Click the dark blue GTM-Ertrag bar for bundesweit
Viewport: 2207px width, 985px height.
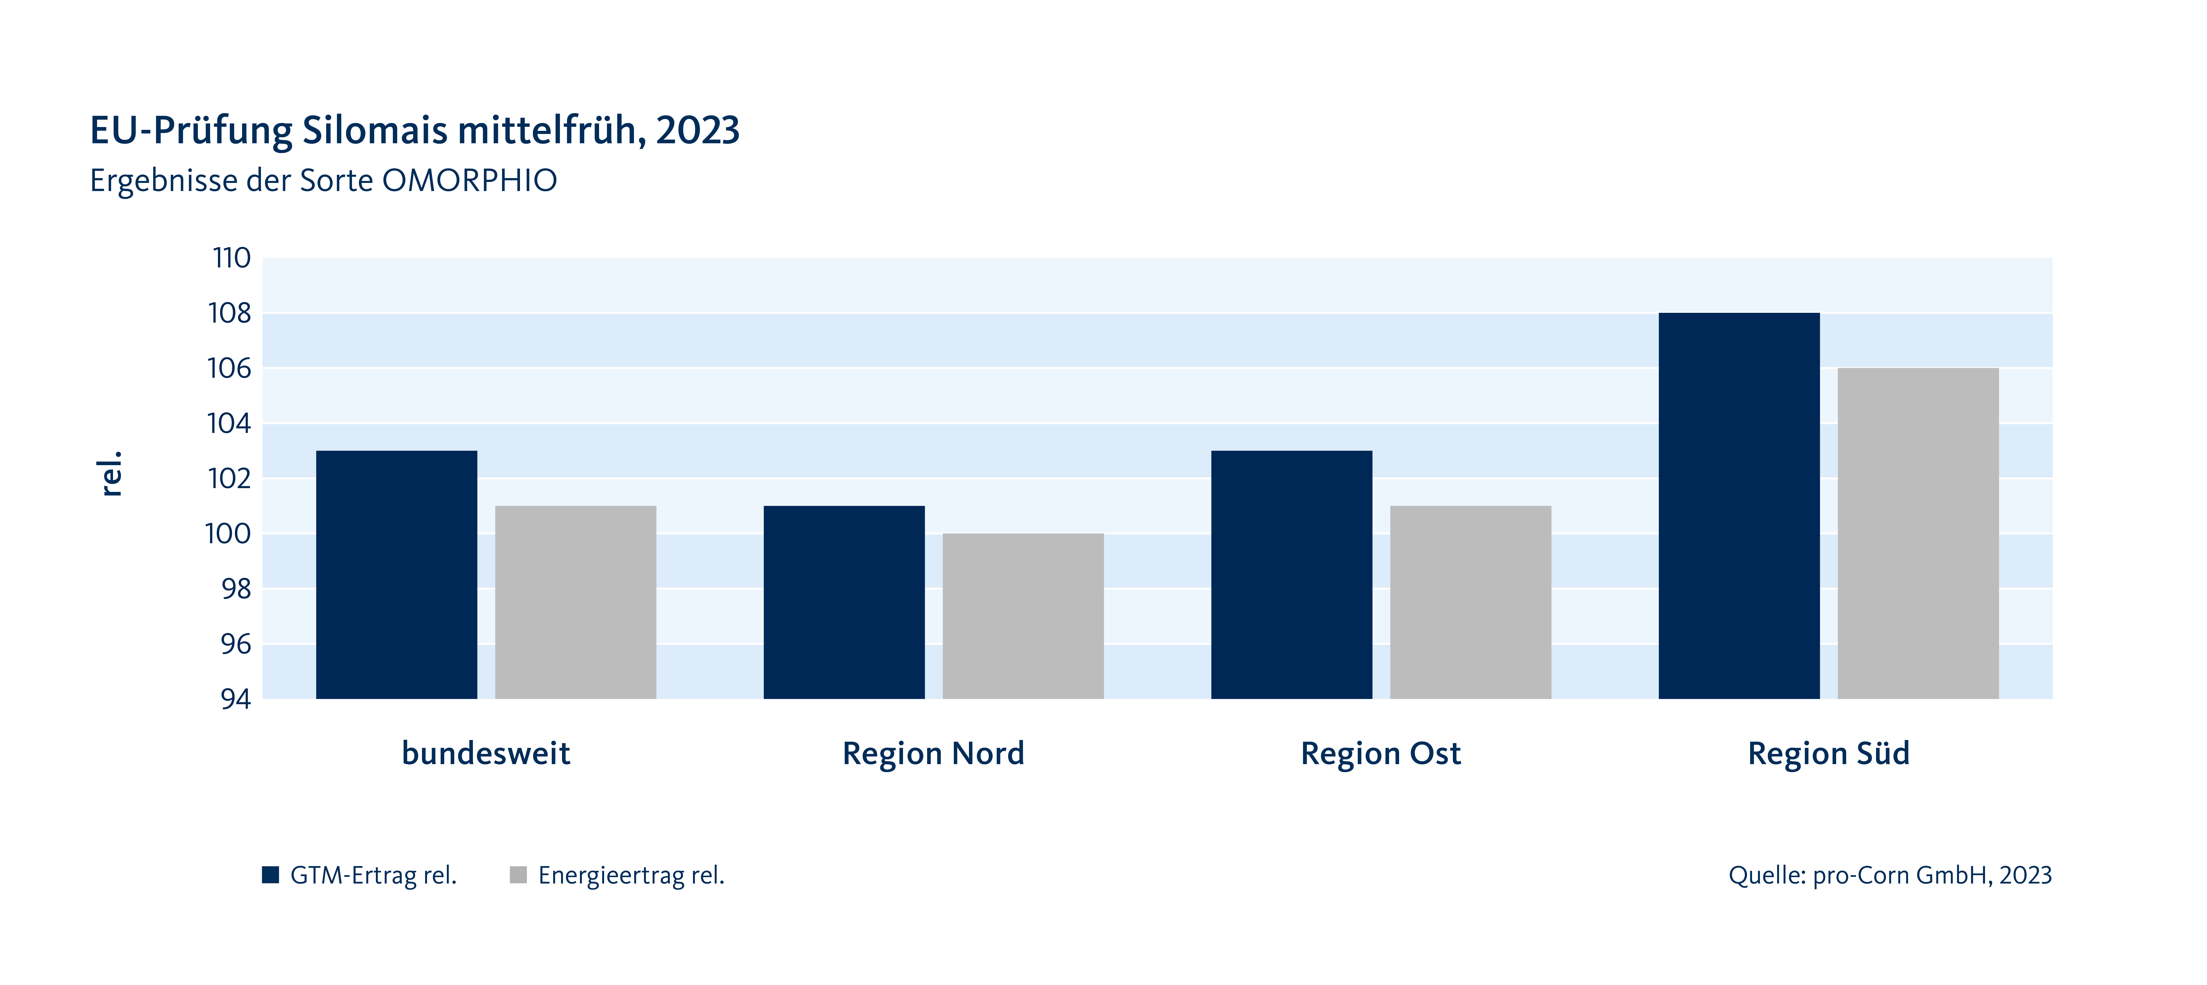[x=397, y=575]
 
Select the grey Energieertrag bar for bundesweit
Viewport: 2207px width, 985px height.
[x=576, y=602]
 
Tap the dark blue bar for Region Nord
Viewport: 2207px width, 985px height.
[x=844, y=602]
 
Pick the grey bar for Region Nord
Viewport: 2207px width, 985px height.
[x=1023, y=616]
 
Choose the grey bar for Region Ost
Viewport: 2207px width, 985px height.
[x=1470, y=602]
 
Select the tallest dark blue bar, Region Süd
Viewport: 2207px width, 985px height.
[x=1739, y=505]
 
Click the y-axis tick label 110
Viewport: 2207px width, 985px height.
[x=231, y=258]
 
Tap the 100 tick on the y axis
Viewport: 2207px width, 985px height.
[x=228, y=534]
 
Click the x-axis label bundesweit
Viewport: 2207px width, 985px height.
[x=486, y=753]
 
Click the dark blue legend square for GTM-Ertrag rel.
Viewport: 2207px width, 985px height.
[x=271, y=874]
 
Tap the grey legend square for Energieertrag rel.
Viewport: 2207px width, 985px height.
[x=518, y=874]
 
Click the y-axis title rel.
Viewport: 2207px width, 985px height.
[x=111, y=473]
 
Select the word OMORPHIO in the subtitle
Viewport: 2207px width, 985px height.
[x=470, y=181]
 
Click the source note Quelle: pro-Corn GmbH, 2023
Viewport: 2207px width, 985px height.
[x=1890, y=874]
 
